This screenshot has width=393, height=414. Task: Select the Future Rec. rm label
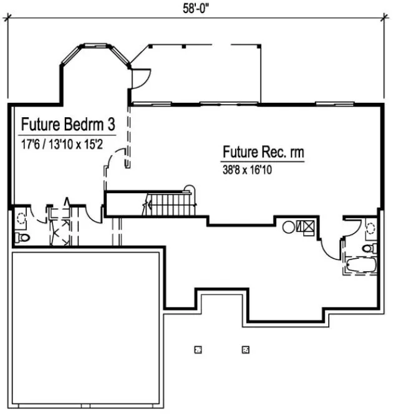tap(263, 152)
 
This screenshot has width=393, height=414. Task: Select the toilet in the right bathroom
tap(368, 249)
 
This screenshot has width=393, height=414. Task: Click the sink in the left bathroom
tap(22, 217)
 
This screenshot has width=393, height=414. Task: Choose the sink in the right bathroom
tap(371, 228)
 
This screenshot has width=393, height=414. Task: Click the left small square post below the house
tap(198, 349)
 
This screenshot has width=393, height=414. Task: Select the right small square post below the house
tap(246, 349)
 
